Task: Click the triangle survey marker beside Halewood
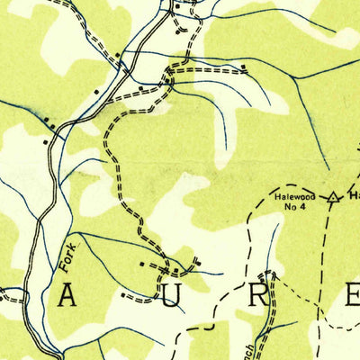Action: click(333, 195)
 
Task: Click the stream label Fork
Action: click(70, 256)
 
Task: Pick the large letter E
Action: click(349, 294)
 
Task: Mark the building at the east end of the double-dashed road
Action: click(244, 67)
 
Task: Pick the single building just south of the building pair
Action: click(44, 140)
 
